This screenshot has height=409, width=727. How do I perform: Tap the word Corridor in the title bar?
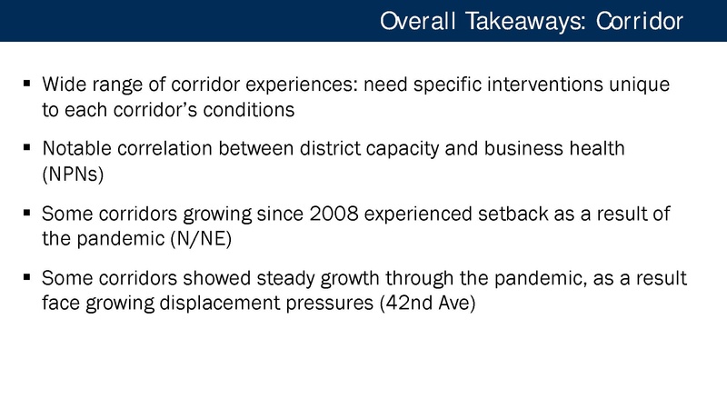[x=640, y=21]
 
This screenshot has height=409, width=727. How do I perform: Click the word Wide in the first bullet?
[x=62, y=85]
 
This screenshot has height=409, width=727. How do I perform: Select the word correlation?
[x=170, y=149]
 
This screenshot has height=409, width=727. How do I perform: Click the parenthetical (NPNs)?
[x=73, y=174]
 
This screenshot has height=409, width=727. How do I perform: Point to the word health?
[x=595, y=149]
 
